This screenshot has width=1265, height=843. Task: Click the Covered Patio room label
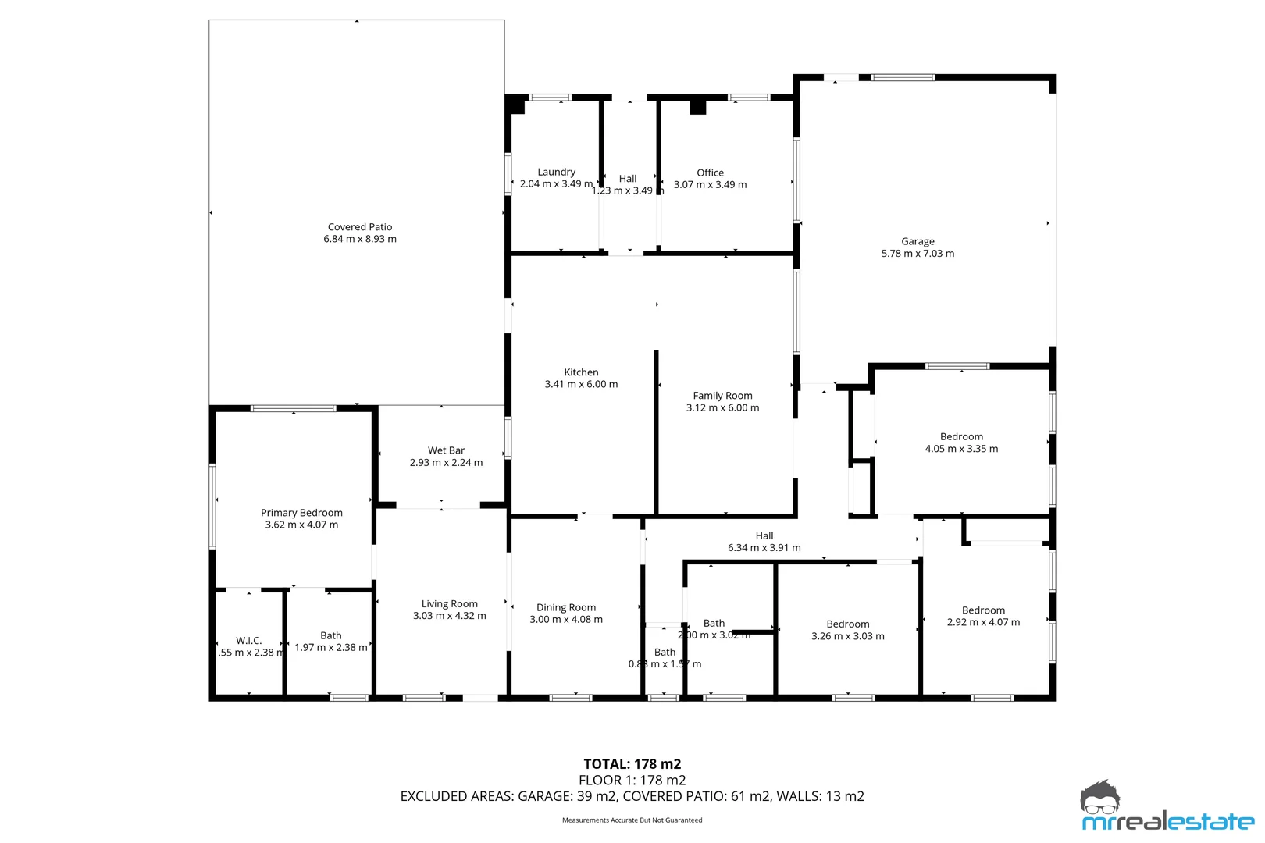(x=360, y=227)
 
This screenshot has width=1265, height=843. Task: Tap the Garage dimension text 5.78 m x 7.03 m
(x=918, y=254)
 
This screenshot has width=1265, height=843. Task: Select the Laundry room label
(x=556, y=172)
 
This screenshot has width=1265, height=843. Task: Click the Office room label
(x=710, y=173)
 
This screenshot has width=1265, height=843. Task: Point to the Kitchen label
(x=581, y=372)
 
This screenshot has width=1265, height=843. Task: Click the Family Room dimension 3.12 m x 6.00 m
(x=722, y=407)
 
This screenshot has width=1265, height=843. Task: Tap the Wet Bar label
(x=446, y=450)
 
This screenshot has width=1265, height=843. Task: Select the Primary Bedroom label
(x=301, y=513)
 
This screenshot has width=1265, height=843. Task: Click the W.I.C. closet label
(x=248, y=641)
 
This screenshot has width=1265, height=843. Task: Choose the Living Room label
(x=449, y=603)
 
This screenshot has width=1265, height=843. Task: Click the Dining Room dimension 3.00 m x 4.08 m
(x=566, y=620)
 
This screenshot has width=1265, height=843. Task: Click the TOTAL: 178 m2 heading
(x=632, y=764)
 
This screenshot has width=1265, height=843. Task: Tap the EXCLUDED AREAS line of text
(x=632, y=796)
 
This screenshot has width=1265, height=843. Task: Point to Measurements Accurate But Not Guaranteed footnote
(x=632, y=820)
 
